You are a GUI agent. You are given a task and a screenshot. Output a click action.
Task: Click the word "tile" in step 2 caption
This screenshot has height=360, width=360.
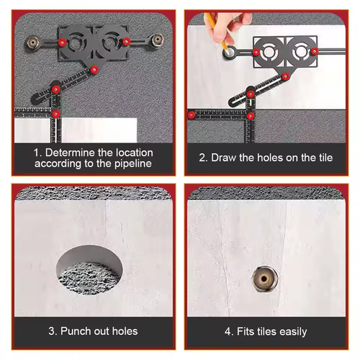tap(325, 158)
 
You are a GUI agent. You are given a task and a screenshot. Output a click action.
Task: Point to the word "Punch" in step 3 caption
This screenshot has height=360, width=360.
tap(76, 331)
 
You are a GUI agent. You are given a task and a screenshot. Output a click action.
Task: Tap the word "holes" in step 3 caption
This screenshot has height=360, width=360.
tap(125, 331)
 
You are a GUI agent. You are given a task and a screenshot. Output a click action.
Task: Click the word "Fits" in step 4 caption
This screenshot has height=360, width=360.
tap(246, 331)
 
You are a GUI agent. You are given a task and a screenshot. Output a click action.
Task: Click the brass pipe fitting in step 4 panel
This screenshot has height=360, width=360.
tap(264, 279)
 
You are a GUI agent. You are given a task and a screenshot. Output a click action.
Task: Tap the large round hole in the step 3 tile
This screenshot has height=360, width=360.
tap(89, 269)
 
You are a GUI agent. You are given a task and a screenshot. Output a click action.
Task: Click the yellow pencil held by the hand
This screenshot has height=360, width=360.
tap(217, 32)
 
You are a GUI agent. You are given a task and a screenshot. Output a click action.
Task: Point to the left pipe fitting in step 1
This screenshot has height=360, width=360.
tap(33, 43)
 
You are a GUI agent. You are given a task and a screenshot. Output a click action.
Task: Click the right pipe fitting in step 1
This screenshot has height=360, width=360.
tap(157, 40)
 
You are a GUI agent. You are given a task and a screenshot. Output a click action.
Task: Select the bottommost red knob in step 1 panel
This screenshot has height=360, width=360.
tap(56, 114)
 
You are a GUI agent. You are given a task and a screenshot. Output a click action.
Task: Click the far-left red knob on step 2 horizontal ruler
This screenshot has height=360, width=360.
tap(192, 115)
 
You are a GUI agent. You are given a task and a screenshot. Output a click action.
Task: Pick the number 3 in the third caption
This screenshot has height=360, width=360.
tap(51, 331)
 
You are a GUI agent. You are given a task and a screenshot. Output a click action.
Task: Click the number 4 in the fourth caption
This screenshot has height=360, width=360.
tap(228, 332)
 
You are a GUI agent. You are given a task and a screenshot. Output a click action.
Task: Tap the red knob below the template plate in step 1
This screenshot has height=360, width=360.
tap(94, 70)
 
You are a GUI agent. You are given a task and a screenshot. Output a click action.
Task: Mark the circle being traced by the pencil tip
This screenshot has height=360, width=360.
tap(229, 53)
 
